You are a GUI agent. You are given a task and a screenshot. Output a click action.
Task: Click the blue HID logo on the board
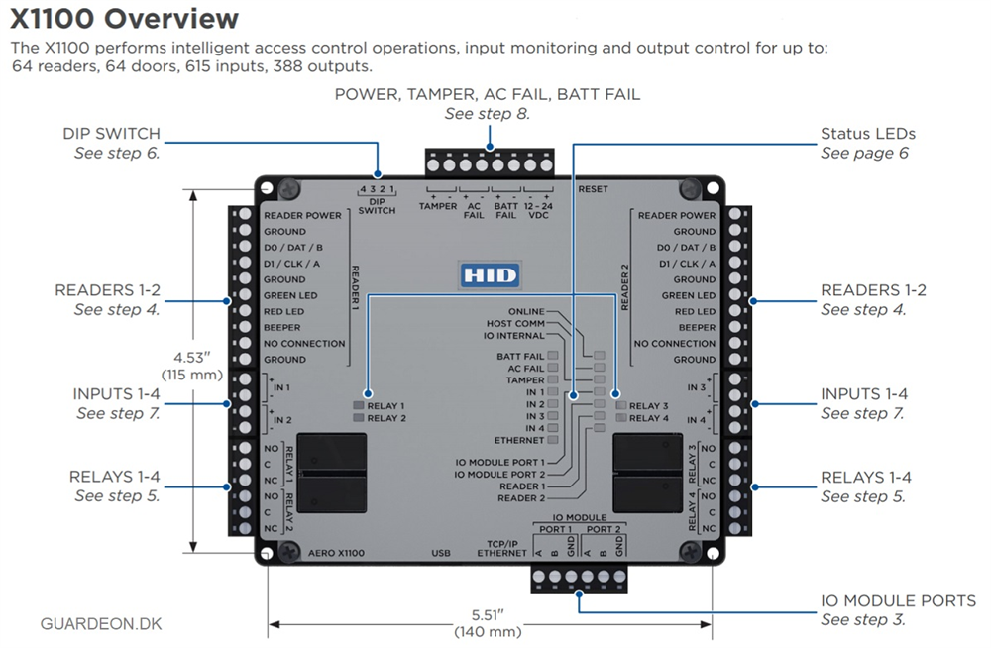point(490,275)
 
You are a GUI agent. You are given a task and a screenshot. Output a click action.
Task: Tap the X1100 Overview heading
point(125,19)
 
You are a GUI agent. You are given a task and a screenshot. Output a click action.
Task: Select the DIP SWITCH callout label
point(111,134)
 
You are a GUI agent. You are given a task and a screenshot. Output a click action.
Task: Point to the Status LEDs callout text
point(868,134)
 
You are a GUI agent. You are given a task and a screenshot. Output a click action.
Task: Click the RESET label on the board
point(593,189)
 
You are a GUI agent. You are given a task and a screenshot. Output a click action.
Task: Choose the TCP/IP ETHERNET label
point(501,548)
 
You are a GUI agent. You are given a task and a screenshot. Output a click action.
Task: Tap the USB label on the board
point(441,553)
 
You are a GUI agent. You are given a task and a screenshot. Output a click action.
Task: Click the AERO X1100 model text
point(336,553)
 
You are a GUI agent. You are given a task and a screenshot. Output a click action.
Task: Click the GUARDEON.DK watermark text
point(101,624)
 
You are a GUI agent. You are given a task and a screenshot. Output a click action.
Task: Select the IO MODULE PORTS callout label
point(898,600)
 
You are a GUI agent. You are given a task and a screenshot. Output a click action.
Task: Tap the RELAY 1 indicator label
point(385,406)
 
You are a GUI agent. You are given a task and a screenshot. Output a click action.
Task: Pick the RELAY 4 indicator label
point(648,418)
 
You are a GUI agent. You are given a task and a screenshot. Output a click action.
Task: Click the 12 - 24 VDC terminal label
point(538,210)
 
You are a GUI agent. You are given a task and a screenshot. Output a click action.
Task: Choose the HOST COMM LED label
point(515,324)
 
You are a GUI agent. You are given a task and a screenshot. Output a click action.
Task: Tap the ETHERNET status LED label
point(519,440)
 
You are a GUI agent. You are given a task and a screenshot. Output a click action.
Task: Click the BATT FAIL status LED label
point(520,357)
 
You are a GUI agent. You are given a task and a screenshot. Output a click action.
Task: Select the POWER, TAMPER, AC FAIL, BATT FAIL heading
point(488,94)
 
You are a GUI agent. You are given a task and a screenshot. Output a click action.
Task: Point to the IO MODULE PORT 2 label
point(499,475)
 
